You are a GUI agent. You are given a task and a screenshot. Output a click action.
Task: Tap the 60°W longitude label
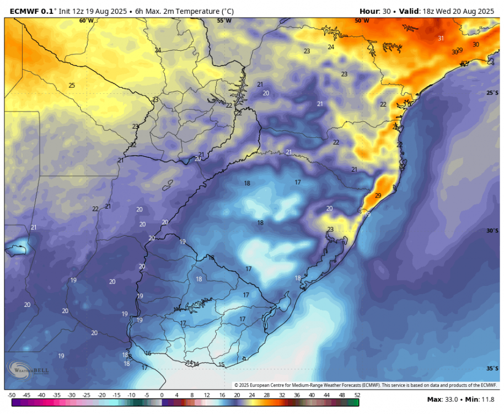(x=86, y=21)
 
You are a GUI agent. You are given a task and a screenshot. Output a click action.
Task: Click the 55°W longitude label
(x=224, y=21)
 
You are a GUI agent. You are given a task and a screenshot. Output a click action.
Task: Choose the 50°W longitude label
(x=362, y=21)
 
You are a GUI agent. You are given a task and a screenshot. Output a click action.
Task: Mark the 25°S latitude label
(x=492, y=93)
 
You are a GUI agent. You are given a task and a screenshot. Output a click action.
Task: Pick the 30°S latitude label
(x=492, y=231)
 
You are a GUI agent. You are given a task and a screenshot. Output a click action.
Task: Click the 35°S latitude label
(x=492, y=368)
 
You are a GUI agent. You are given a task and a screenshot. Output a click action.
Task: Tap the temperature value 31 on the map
(x=441, y=38)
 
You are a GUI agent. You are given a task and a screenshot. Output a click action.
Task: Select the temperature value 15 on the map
(x=221, y=364)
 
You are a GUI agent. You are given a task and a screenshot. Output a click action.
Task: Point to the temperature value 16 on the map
(x=148, y=353)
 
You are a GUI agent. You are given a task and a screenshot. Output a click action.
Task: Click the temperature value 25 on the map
(x=72, y=86)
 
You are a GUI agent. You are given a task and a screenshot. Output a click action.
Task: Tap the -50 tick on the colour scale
(x=11, y=395)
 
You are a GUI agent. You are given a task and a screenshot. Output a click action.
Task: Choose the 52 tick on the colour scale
(x=357, y=395)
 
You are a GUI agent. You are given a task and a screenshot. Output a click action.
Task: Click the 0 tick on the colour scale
(x=162, y=395)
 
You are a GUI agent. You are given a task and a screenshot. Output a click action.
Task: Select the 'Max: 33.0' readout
(x=442, y=399)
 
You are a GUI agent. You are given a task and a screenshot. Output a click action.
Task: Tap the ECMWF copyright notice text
(x=365, y=385)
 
